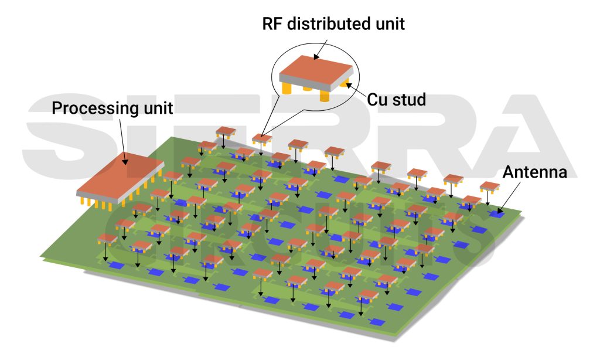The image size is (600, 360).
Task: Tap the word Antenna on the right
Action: tap(534, 172)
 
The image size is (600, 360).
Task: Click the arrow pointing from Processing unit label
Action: tap(123, 141)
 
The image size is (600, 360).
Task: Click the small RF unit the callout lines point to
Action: tap(262, 138)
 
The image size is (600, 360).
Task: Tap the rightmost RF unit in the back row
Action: tap(490, 186)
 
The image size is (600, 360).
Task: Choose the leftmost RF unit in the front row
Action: tap(107, 238)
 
